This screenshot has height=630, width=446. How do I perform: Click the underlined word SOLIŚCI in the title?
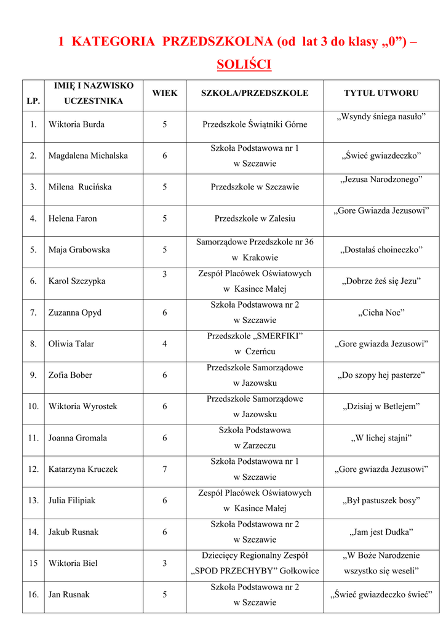point(244,65)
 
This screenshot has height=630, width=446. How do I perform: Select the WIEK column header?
point(164,93)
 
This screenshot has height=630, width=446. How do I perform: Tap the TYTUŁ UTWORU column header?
point(381,93)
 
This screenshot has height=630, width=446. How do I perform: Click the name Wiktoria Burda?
point(76,124)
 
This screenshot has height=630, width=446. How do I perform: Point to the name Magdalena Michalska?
point(88,156)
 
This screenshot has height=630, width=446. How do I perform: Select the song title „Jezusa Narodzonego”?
point(381,180)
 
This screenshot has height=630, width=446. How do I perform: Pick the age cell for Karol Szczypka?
point(164,274)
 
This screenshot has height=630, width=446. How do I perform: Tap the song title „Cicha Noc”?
point(381,313)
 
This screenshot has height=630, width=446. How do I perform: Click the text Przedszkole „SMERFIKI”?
point(255,336)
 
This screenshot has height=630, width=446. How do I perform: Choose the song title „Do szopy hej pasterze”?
point(381,375)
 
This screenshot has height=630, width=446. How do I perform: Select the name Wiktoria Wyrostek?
point(82,407)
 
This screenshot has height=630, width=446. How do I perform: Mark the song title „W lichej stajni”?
point(381,438)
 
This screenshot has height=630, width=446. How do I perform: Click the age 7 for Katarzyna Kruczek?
point(164,469)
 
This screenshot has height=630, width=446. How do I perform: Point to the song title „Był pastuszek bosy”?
point(381,501)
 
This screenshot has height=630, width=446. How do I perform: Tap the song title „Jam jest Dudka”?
point(381,532)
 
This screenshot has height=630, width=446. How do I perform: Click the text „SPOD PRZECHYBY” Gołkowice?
point(255,571)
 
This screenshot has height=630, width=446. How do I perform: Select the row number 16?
point(33,595)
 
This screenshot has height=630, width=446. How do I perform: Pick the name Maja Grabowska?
point(79,250)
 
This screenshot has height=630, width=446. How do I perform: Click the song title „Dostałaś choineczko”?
point(381,250)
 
